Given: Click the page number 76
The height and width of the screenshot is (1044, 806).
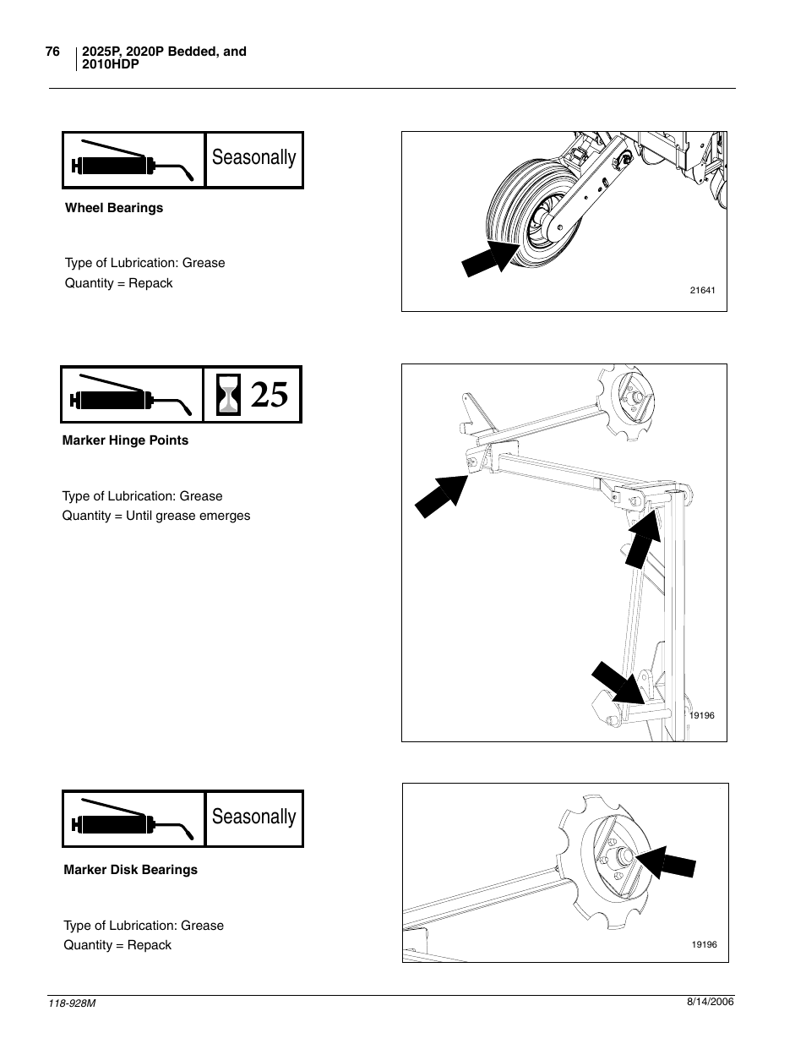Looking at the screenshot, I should click(x=52, y=52).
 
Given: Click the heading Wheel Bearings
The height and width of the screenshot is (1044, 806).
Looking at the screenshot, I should click(x=114, y=208).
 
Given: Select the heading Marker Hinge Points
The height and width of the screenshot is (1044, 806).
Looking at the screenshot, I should click(x=125, y=440).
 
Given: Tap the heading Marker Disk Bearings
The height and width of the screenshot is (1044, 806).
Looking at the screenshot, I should click(x=130, y=870).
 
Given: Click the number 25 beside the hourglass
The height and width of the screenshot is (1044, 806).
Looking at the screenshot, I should click(x=270, y=395).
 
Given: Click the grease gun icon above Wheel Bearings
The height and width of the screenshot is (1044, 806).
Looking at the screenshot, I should click(x=133, y=161).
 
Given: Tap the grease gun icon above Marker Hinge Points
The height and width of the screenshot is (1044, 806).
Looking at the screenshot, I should click(x=132, y=395).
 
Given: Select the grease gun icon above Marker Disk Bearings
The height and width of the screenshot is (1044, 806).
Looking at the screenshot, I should click(x=133, y=819).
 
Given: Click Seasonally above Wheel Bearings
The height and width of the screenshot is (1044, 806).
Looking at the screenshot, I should click(x=254, y=158).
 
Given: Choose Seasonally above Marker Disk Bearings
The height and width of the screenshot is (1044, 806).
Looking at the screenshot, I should click(x=254, y=817).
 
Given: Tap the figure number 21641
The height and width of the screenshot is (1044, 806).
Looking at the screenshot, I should click(x=702, y=291).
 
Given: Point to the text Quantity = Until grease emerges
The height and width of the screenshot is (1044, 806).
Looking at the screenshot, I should click(x=156, y=516).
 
